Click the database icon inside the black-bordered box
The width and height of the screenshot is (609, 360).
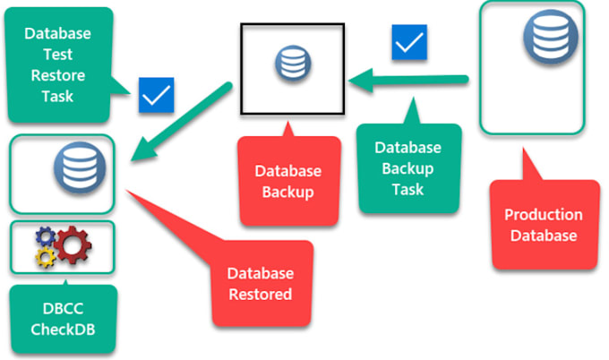coord(289,65)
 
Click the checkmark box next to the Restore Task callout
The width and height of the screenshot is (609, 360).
coord(156,95)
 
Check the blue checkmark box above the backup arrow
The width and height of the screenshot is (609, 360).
coord(408,41)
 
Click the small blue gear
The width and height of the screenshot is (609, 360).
coord(44,236)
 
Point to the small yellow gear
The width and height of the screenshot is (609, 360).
coord(44,258)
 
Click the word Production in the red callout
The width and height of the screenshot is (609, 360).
coord(543,215)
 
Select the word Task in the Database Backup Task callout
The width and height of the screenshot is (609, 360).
coord(408,190)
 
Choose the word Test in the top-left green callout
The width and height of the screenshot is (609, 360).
coord(57,56)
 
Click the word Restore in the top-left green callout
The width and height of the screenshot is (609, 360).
coord(57,77)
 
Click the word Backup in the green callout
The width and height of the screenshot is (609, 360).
coord(408,168)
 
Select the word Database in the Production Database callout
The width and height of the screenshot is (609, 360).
coord(543,236)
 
